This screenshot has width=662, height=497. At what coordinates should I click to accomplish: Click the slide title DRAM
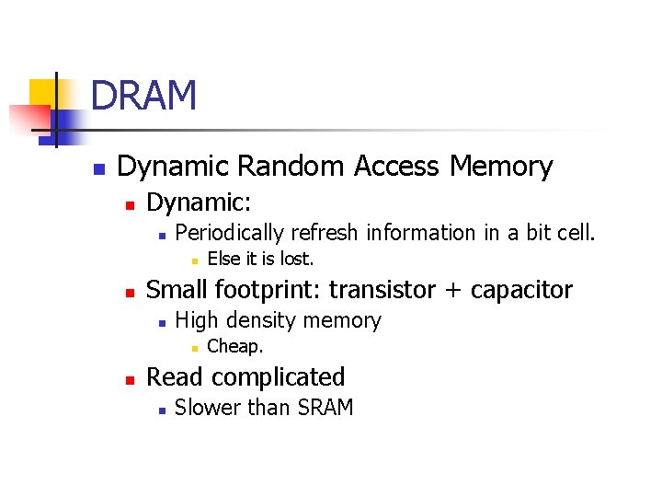(x=144, y=96)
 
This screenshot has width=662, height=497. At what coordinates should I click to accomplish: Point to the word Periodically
(x=230, y=234)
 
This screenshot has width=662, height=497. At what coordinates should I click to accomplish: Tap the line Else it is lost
(x=260, y=260)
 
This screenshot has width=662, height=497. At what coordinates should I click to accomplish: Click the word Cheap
(x=235, y=347)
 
